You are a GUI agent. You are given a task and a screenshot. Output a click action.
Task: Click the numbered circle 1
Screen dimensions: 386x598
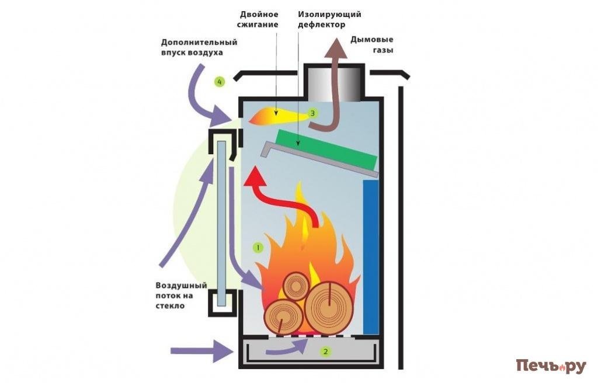pos(258,248)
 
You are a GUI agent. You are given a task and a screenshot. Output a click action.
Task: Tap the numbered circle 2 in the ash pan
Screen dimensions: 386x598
pos(326,352)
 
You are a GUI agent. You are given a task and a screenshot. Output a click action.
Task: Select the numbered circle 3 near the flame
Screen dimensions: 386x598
pos(312,113)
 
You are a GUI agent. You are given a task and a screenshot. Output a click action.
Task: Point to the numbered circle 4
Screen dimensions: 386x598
pos(220,82)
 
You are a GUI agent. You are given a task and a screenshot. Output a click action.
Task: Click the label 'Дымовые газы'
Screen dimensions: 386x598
pos(372,45)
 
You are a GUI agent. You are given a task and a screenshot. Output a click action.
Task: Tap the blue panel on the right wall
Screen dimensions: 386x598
pos(371,257)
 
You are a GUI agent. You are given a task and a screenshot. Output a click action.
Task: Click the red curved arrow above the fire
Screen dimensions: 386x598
pos(280,196)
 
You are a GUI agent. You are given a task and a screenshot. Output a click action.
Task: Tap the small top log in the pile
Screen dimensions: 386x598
pos(295,286)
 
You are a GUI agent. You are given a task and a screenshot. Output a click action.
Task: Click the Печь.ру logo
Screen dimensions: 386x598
pos(551,366)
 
